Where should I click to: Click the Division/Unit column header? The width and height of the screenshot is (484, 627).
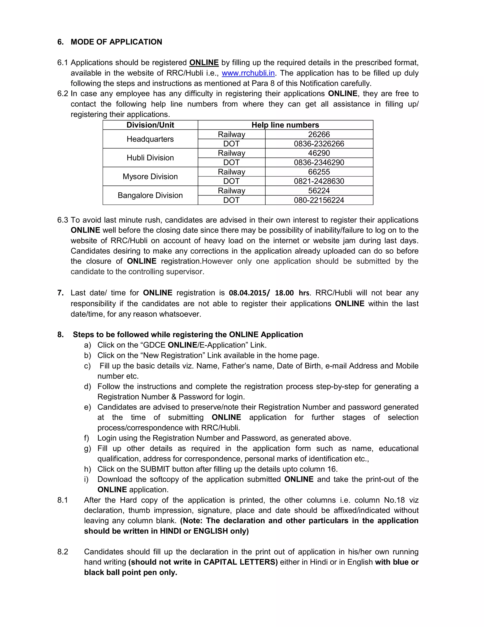[150, 125]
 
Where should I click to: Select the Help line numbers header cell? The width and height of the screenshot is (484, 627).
[285, 125]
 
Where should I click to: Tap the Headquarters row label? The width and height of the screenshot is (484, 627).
[150, 139]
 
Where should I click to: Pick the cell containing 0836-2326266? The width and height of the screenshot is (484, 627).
[319, 144]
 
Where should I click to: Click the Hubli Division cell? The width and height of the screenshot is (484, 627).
[150, 158]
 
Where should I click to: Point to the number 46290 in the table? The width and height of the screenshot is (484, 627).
[319, 153]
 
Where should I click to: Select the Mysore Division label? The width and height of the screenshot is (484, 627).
[150, 177]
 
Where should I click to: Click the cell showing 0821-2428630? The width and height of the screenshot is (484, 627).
[319, 181]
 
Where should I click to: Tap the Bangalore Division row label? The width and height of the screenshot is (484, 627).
[150, 195]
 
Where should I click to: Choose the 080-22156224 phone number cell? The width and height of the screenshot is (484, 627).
[319, 200]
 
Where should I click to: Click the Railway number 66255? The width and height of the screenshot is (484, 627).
[319, 172]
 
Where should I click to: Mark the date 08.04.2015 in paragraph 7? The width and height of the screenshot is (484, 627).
[247, 293]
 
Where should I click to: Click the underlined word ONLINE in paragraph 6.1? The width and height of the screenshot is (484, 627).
[204, 63]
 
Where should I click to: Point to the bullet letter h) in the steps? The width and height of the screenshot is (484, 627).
[87, 469]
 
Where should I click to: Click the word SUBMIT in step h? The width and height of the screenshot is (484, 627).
[155, 469]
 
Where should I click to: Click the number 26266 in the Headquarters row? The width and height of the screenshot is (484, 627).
[319, 134]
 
